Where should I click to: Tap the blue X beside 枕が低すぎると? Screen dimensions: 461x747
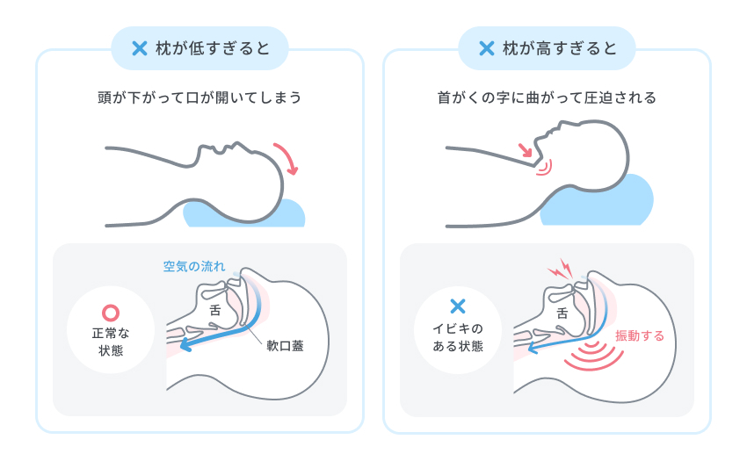(x=139, y=49)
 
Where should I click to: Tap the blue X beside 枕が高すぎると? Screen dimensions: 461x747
(x=485, y=49)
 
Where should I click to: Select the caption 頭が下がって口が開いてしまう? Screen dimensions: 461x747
(x=199, y=97)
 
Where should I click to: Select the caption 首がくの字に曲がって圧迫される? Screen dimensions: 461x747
(x=547, y=97)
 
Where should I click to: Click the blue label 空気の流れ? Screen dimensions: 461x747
(x=194, y=265)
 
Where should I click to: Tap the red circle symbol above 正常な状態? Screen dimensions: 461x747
(x=110, y=312)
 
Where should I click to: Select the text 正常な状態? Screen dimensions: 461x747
(x=110, y=342)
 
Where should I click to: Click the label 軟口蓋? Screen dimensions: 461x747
(x=286, y=346)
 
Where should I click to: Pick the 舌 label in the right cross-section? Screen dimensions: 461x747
(x=562, y=312)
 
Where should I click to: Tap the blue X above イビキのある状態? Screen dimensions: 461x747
(x=457, y=306)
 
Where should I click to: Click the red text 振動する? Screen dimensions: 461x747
(x=639, y=335)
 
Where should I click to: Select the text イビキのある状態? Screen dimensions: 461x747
(x=457, y=337)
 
